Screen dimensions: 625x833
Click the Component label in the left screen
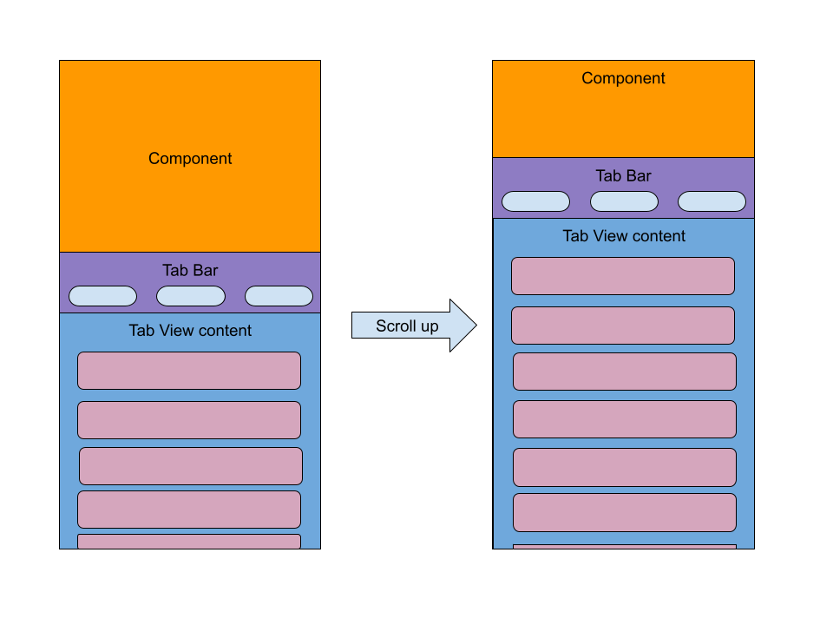pos(190,159)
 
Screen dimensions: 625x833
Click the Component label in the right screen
pos(623,78)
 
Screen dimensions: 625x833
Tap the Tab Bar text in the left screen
pos(190,271)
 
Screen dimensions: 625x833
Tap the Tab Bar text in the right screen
pos(623,176)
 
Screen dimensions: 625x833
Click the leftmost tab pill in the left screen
pos(102,296)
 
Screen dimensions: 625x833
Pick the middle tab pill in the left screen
pos(191,296)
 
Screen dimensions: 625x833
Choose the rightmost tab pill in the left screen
pos(279,296)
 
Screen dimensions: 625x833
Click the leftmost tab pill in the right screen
pos(535,201)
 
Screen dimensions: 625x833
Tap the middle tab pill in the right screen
pos(624,201)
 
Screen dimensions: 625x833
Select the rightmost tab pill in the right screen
pos(712,201)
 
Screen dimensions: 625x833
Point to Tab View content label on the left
pos(190,331)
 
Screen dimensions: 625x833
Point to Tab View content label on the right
pos(624,236)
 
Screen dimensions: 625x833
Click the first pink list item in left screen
pos(189,371)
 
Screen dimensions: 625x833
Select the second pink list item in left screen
pos(189,420)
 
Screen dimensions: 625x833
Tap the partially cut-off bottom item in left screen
pos(189,542)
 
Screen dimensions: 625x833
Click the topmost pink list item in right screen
pos(623,276)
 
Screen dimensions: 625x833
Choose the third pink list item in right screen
pos(625,372)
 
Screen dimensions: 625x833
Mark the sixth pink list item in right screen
pos(625,512)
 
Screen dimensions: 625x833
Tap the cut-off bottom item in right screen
pos(625,547)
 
